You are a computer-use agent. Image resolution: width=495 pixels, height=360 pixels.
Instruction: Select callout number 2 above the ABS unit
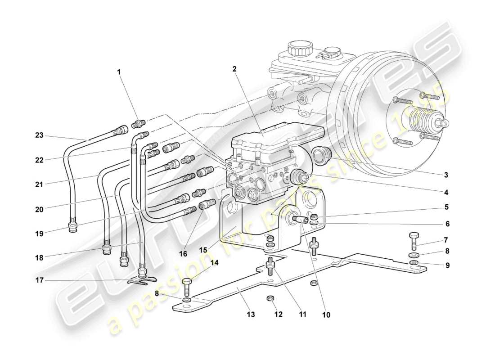234,69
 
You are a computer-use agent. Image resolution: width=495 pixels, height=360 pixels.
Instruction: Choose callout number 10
326,315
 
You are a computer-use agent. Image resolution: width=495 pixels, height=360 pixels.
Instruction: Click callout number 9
447,265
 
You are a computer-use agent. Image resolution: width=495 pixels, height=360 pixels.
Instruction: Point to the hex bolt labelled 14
187,287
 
